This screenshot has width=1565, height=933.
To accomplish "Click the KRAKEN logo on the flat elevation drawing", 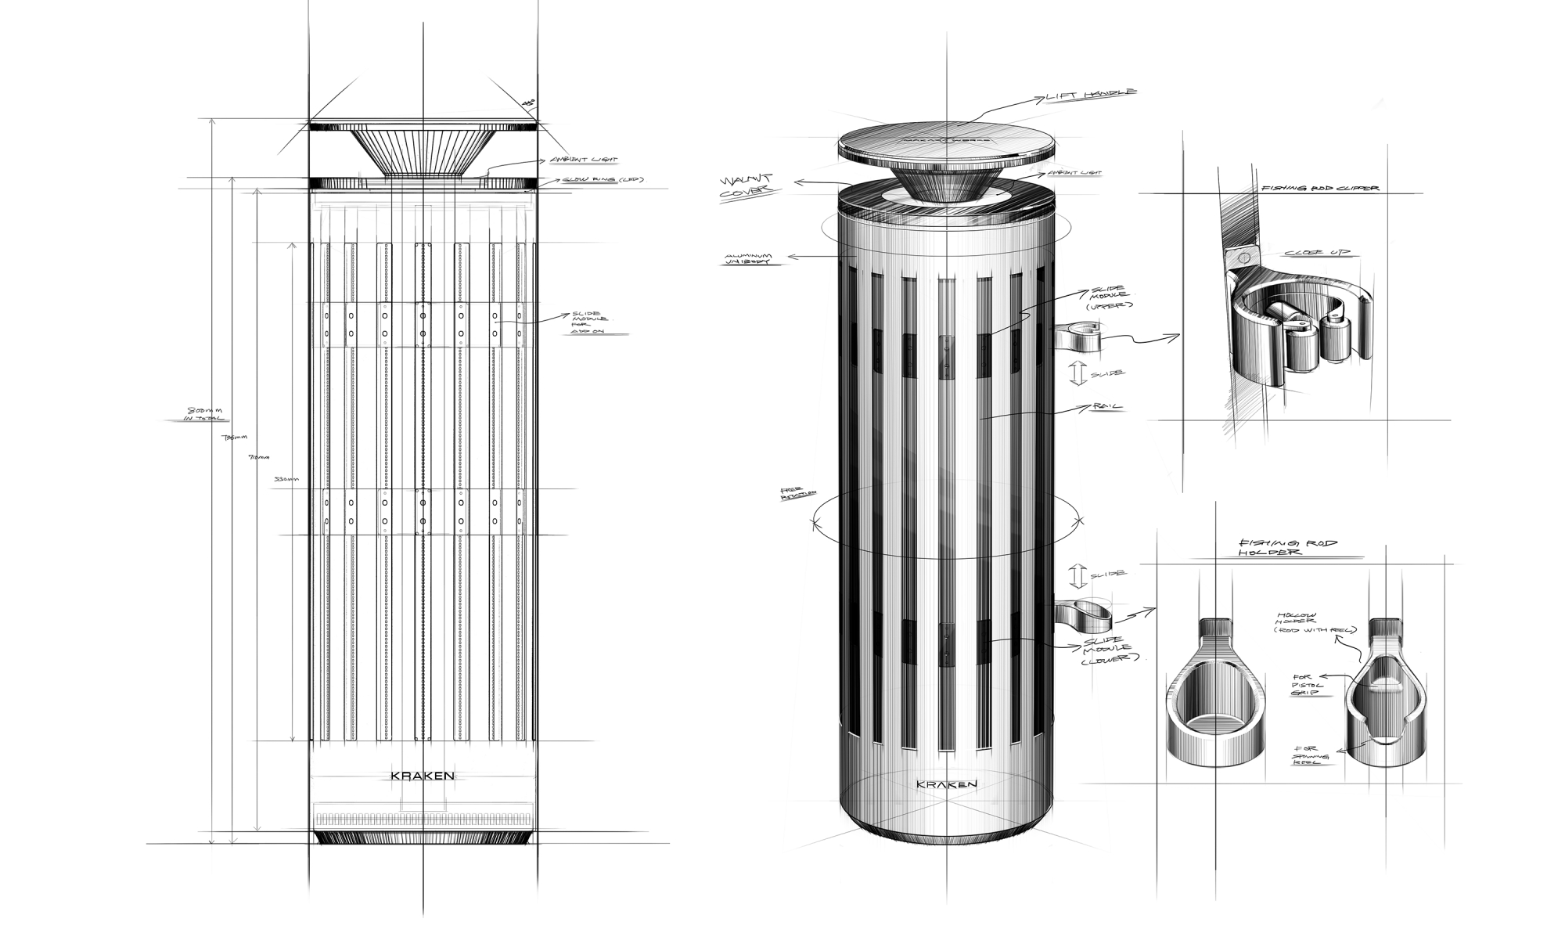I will point(423,776).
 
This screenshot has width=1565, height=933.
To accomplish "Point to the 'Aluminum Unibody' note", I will point(749,258).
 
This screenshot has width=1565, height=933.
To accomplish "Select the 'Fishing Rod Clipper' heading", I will point(1319,188).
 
